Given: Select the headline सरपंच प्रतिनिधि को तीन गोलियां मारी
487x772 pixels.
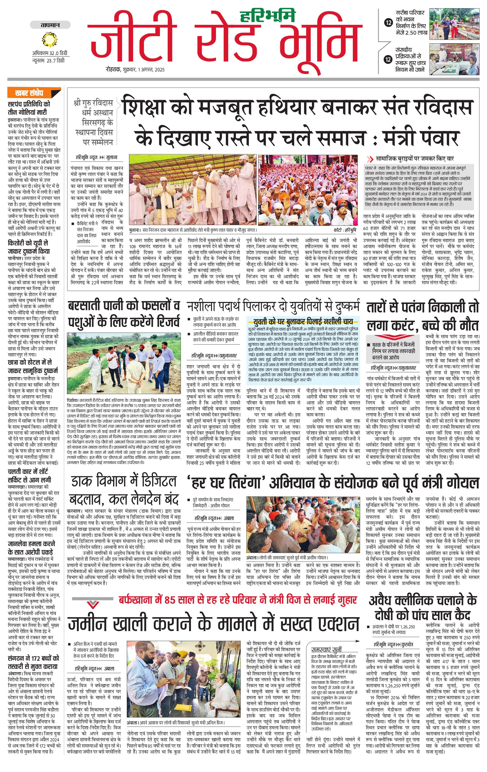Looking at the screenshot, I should click(x=29, y=108).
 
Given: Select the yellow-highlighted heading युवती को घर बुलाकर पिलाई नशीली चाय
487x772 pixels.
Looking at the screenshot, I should click(x=303, y=322).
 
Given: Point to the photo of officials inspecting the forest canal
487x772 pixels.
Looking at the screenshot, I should click(x=124, y=363).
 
